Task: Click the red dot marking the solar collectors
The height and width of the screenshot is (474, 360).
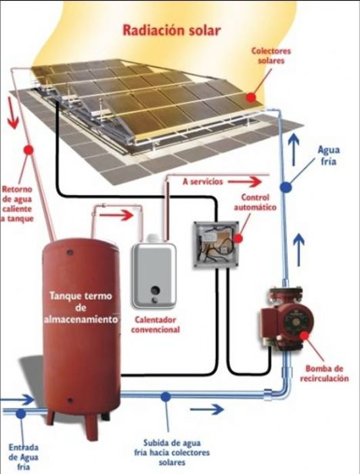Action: point(252,96)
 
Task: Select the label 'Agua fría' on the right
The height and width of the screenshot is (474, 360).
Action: point(325,156)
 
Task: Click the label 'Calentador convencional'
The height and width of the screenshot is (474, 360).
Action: point(157,326)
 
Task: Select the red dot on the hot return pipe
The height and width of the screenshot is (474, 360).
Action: point(28,150)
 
